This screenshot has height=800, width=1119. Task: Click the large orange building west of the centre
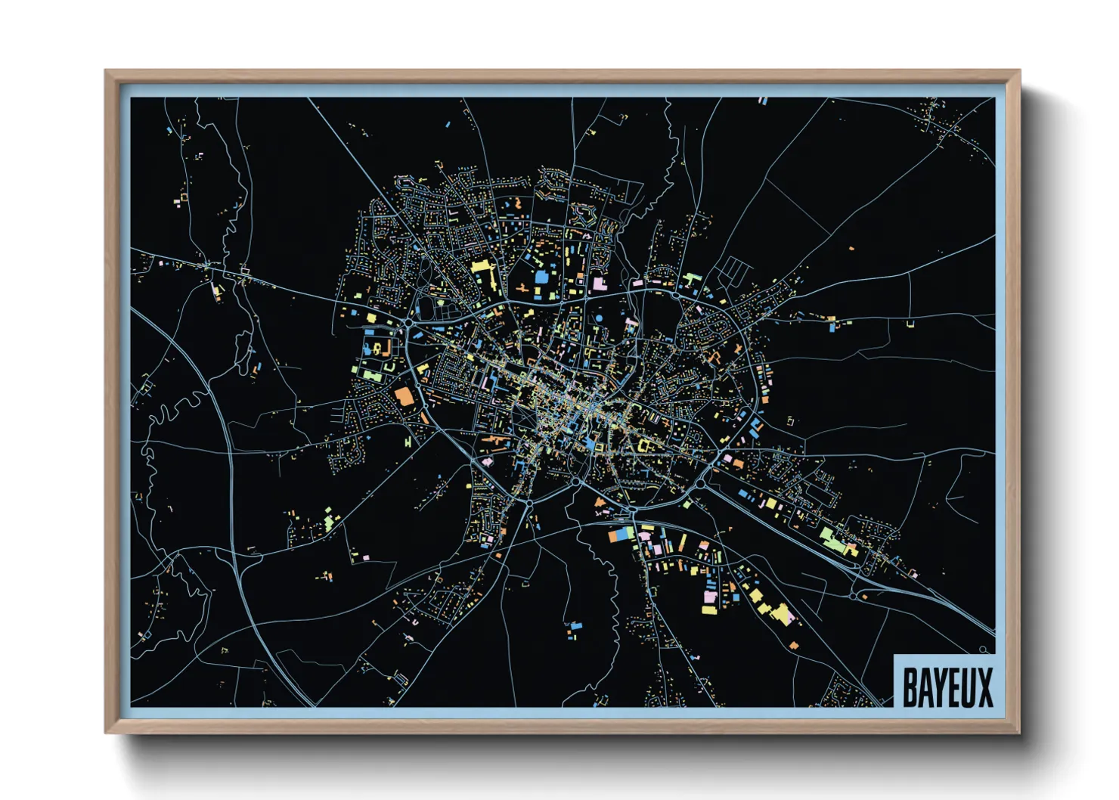(405, 396)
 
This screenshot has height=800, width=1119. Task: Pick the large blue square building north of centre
(541, 277)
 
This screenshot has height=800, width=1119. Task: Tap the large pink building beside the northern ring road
(599, 284)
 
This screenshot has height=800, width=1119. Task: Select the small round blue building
(598, 318)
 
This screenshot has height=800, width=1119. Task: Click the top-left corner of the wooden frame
(107, 71)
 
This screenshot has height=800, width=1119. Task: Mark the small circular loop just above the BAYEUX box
(983, 650)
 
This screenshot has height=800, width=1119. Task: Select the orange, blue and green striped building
(622, 534)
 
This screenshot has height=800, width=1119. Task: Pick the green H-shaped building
(408, 440)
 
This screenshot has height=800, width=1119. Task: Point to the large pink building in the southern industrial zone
(709, 598)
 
